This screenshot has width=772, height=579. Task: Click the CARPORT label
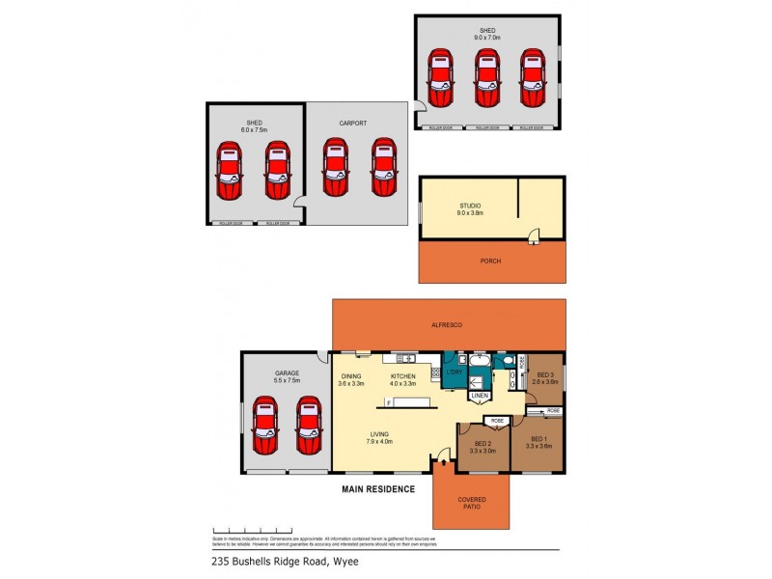(353, 124)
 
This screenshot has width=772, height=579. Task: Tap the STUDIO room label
(470, 205)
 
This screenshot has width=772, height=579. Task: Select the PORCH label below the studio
(491, 261)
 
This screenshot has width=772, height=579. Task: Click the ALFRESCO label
(448, 326)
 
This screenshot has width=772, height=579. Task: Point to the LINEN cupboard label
(480, 396)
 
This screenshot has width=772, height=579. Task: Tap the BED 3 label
(545, 374)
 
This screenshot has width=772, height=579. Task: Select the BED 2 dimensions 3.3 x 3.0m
(482, 451)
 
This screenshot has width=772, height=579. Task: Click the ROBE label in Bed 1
(553, 411)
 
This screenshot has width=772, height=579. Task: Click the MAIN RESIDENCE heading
(378, 489)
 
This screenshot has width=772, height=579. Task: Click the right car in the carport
(384, 167)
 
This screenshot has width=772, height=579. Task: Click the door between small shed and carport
(301, 205)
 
